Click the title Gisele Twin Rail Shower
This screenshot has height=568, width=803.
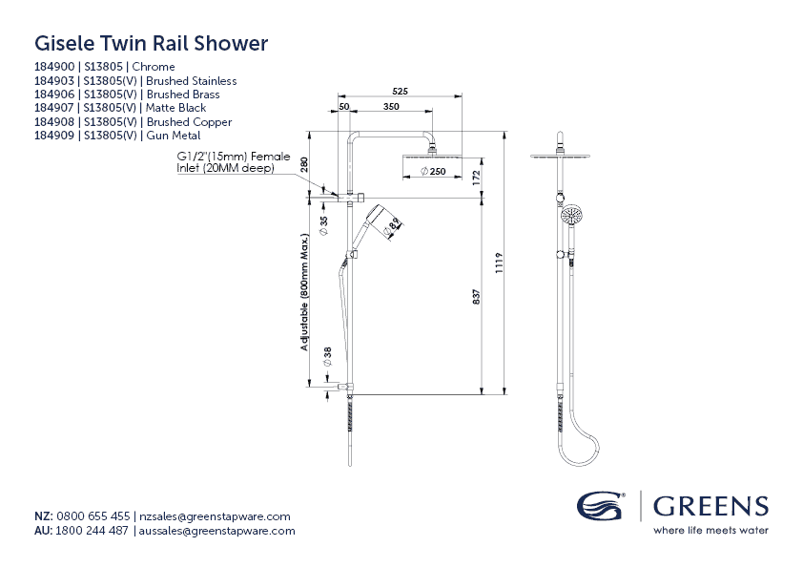[151, 43]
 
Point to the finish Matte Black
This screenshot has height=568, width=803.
[176, 108]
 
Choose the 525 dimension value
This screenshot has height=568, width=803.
[400, 91]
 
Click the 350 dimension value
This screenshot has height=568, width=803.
[391, 107]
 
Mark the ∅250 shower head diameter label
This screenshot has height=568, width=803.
[434, 172]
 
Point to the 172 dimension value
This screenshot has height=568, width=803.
[475, 176]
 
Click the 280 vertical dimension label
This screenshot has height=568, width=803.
[305, 164]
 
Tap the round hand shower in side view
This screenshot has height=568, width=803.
[571, 215]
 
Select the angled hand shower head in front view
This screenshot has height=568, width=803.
[385, 221]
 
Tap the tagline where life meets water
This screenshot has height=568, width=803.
[710, 530]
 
